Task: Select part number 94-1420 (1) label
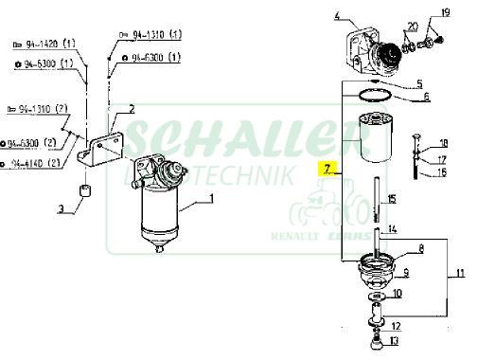pyautogui.click(x=45, y=44)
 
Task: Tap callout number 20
pyautogui.click(x=412, y=26)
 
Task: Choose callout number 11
pyautogui.click(x=461, y=274)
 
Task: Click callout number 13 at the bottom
pyautogui.click(x=394, y=341)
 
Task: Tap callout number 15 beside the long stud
pyautogui.click(x=392, y=198)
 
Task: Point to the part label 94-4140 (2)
pyautogui.click(x=37, y=164)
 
